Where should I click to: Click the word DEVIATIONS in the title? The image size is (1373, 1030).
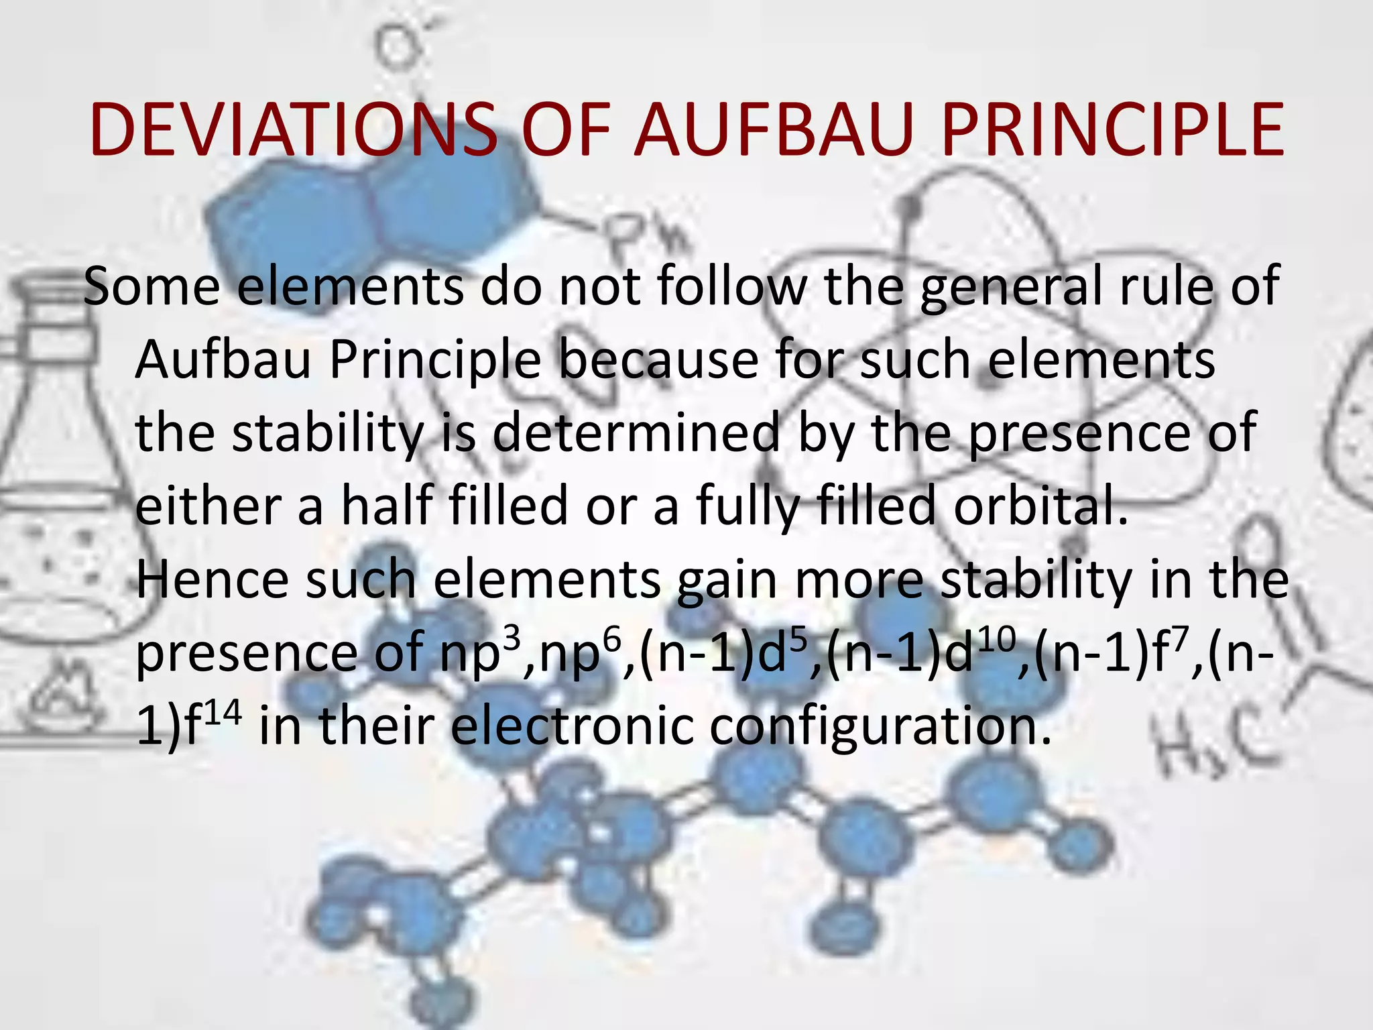click(x=293, y=130)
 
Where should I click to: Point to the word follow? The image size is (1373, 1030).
click(x=732, y=286)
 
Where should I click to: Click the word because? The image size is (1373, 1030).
click(x=660, y=360)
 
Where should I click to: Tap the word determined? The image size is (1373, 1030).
click(x=636, y=433)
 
